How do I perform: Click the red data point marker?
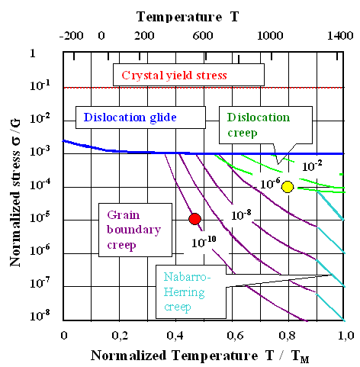pos(194,219)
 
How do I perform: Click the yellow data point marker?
pos(288,186)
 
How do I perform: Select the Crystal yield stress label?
pos(188,75)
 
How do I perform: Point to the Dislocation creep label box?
pos(259,124)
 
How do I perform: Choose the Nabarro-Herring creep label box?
pos(191,289)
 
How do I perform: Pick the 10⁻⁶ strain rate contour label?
pos(269,183)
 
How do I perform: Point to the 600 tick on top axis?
pos(201,35)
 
